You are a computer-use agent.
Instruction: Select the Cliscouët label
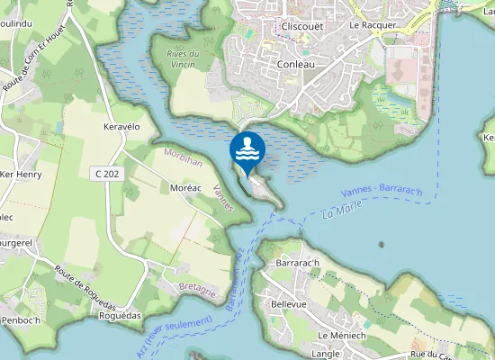coord(303,26)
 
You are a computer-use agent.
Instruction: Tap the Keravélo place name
coord(122,128)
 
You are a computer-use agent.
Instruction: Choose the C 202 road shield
coord(106,172)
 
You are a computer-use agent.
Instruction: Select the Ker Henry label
coord(22,174)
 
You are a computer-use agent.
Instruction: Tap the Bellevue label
coord(288,304)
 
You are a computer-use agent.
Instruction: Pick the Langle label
coord(325,355)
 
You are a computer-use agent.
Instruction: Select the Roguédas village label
coord(122,316)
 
